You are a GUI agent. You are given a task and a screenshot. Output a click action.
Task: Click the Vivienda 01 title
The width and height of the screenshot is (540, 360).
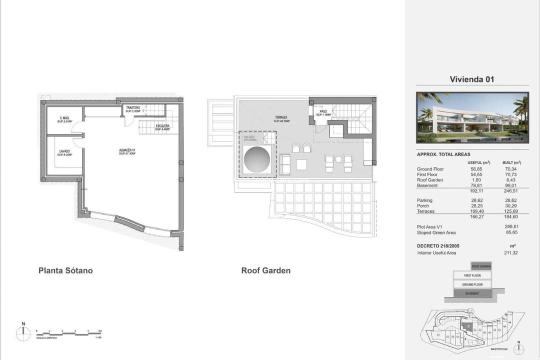click(472, 79)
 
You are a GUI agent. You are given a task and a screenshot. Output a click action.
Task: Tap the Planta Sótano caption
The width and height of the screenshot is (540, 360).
click(65, 270)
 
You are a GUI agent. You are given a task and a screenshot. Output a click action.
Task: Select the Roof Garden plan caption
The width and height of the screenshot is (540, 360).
click(265, 270)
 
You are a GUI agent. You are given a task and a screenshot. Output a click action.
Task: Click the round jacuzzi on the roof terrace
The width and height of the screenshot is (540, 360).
click(257, 159)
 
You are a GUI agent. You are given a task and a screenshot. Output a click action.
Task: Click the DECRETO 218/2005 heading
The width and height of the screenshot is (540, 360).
click(438, 246)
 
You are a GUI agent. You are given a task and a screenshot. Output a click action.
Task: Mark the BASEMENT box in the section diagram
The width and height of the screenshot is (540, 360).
click(472, 293)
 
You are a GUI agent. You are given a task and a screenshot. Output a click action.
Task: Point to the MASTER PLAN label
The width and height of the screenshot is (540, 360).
click(499, 349)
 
